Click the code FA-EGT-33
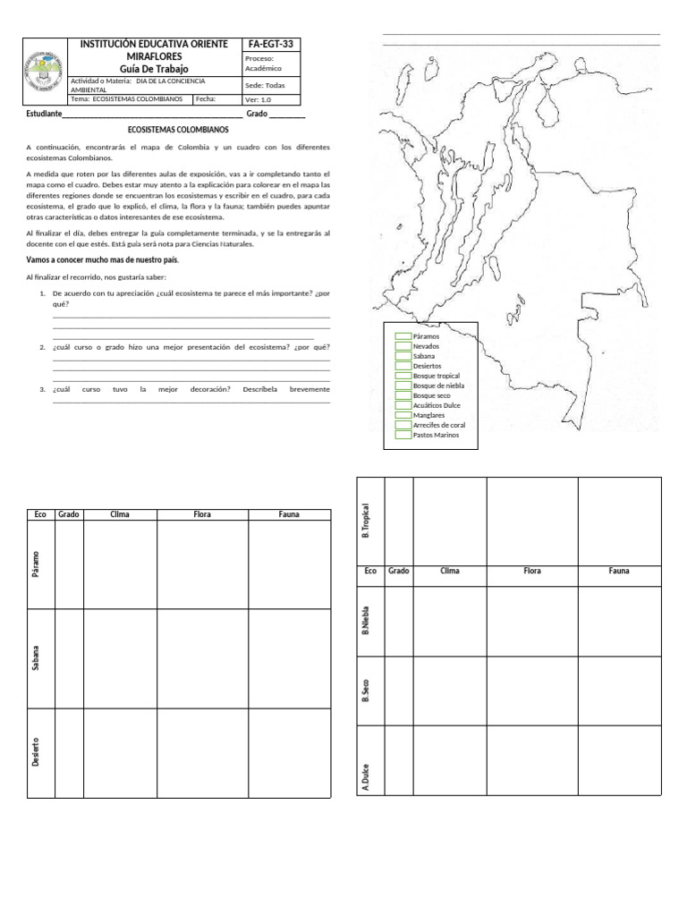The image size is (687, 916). point(271,45)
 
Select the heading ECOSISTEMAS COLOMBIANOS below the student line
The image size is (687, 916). point(179,130)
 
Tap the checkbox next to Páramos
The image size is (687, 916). point(402,336)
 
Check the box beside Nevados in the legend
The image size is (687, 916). point(402,346)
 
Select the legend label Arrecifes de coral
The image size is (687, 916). point(439,425)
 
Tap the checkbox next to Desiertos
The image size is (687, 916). point(402,366)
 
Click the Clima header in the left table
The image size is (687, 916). point(120,514)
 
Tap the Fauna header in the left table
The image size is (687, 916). point(289,514)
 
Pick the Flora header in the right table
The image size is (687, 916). point(532,571)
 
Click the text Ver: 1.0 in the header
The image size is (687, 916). point(258,99)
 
